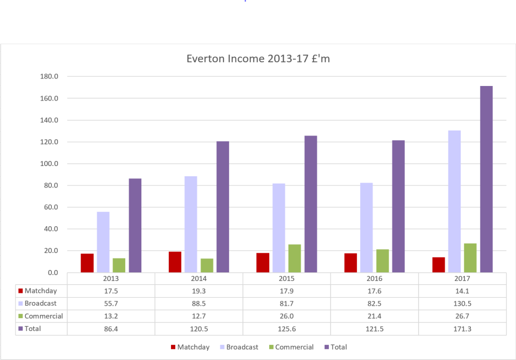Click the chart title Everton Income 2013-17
pyautogui.click(x=258, y=59)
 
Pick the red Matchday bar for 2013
pyautogui.click(x=87, y=263)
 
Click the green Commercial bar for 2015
pyautogui.click(x=295, y=258)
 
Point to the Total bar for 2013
pyautogui.click(x=135, y=225)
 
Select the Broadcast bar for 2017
pyautogui.click(x=454, y=201)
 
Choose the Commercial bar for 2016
pyautogui.click(x=382, y=261)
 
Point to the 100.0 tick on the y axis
pyautogui.click(x=49, y=164)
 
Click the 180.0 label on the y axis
pyautogui.click(x=49, y=77)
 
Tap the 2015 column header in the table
pyautogui.click(x=286, y=279)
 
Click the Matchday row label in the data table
pyautogui.click(x=40, y=291)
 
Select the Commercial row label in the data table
pyautogui.click(x=44, y=316)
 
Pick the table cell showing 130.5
pyautogui.click(x=462, y=304)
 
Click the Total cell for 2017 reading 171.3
pyautogui.click(x=462, y=329)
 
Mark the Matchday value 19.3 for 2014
pyautogui.click(x=199, y=291)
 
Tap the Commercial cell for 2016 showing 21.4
pyautogui.click(x=375, y=316)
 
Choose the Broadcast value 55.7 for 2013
pyautogui.click(x=111, y=304)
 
